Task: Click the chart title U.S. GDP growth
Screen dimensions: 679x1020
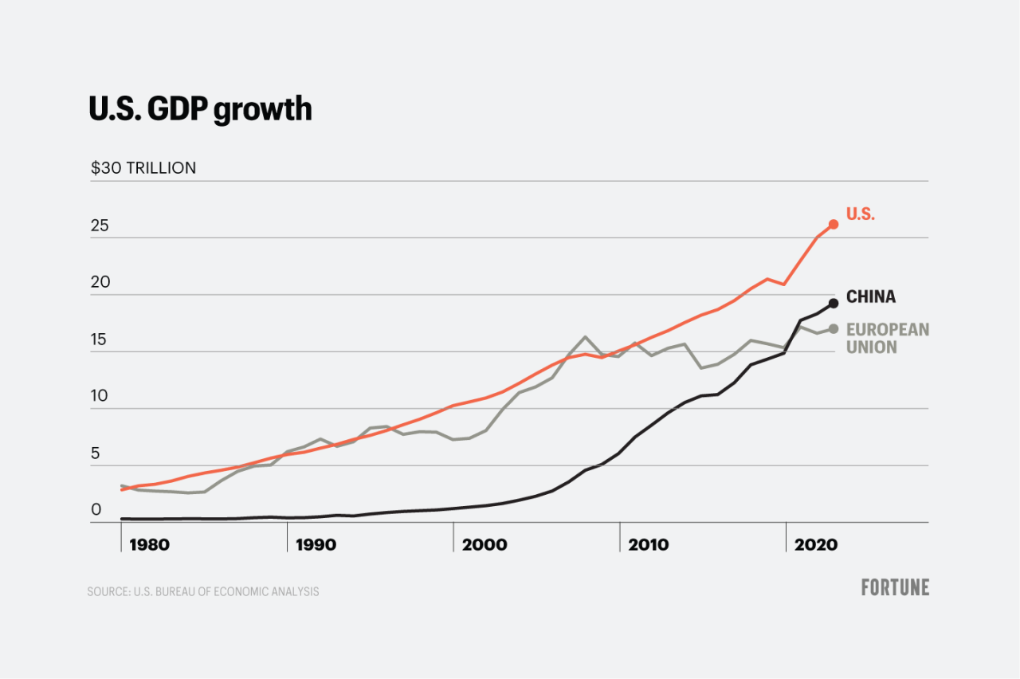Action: pyautogui.click(x=200, y=109)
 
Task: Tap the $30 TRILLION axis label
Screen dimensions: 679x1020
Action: pyautogui.click(x=143, y=168)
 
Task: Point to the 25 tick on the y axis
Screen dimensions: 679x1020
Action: pyautogui.click(x=100, y=226)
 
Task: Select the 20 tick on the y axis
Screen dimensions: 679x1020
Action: pyautogui.click(x=100, y=283)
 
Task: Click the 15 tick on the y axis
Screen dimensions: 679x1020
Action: pyautogui.click(x=99, y=340)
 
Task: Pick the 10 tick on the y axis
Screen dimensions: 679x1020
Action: pyautogui.click(x=99, y=397)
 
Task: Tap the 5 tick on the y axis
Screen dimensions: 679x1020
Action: pyautogui.click(x=95, y=454)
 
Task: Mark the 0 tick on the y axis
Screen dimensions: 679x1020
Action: pyautogui.click(x=96, y=510)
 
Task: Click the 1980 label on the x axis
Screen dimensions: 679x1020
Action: pyautogui.click(x=149, y=545)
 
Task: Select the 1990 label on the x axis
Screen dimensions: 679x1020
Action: pyautogui.click(x=316, y=545)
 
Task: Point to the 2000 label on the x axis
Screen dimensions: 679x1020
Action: pyautogui.click(x=484, y=545)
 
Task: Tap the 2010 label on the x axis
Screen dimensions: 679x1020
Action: pyautogui.click(x=649, y=545)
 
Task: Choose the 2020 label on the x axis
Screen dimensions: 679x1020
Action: pyautogui.click(x=816, y=545)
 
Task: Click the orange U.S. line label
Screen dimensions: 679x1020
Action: pyautogui.click(x=860, y=214)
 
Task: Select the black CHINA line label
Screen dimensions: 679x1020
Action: pyautogui.click(x=870, y=297)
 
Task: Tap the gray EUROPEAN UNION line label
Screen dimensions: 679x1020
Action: pyautogui.click(x=887, y=338)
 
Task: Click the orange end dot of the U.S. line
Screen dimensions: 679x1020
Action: pyautogui.click(x=834, y=225)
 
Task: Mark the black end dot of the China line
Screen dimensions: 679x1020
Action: pyautogui.click(x=834, y=303)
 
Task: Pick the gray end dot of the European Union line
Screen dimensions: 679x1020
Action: pyautogui.click(x=834, y=328)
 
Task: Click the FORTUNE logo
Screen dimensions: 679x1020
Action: pyautogui.click(x=895, y=587)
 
